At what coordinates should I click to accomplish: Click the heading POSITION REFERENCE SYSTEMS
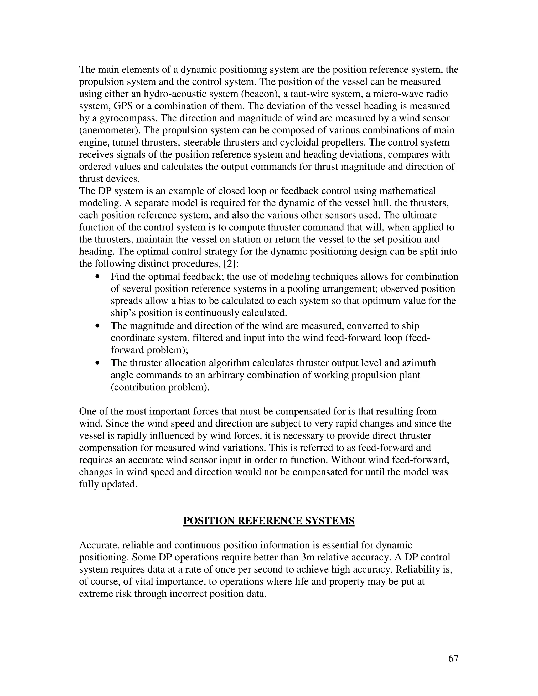(269, 521)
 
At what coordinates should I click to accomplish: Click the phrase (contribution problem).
(160, 387)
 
